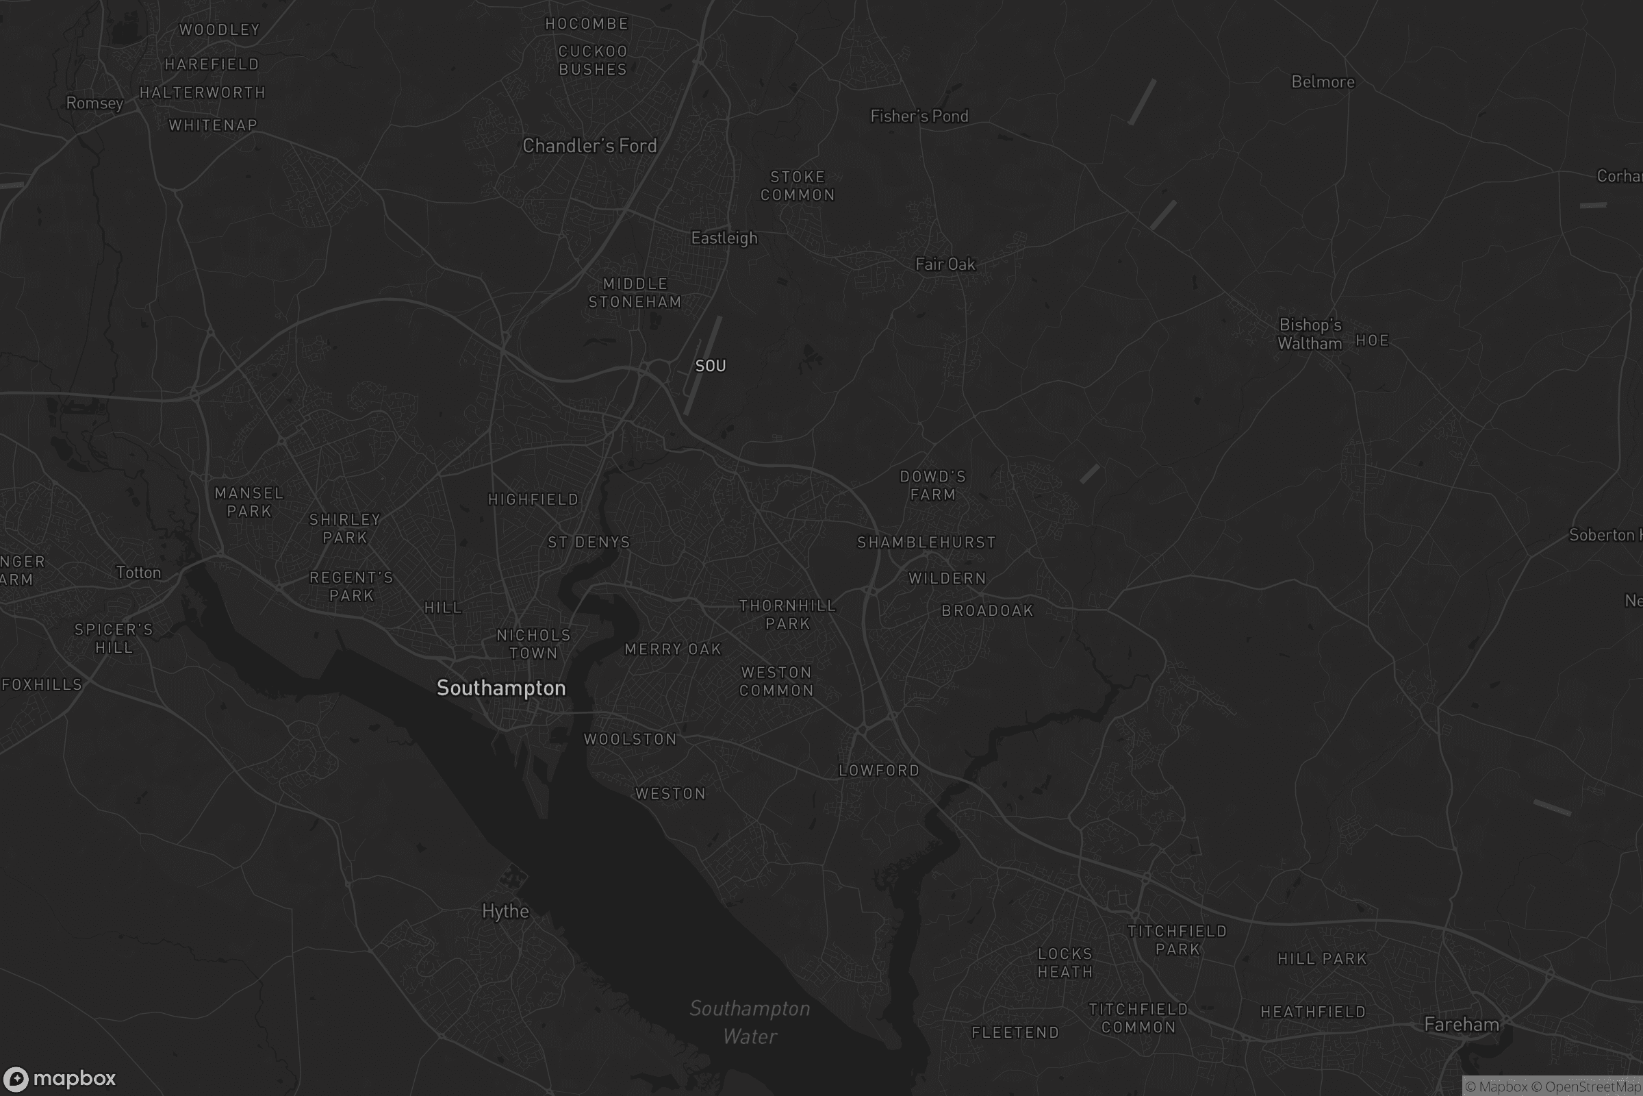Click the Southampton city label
click(x=501, y=688)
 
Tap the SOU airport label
click(x=711, y=366)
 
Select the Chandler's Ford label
click(x=589, y=145)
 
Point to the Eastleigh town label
click(x=724, y=238)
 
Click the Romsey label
click(x=94, y=103)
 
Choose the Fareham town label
click(x=1462, y=1025)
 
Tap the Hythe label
click(x=505, y=911)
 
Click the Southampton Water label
click(x=750, y=1022)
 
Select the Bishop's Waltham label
click(x=1310, y=334)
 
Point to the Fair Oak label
click(x=945, y=264)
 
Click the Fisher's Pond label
click(x=919, y=116)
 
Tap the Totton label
click(x=138, y=573)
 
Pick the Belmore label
click(x=1323, y=82)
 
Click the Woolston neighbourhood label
click(x=630, y=739)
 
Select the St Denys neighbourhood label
click(x=589, y=542)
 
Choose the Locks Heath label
click(x=1065, y=962)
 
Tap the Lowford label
click(x=879, y=770)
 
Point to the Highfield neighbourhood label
click(x=533, y=499)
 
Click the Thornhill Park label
click(x=787, y=614)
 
